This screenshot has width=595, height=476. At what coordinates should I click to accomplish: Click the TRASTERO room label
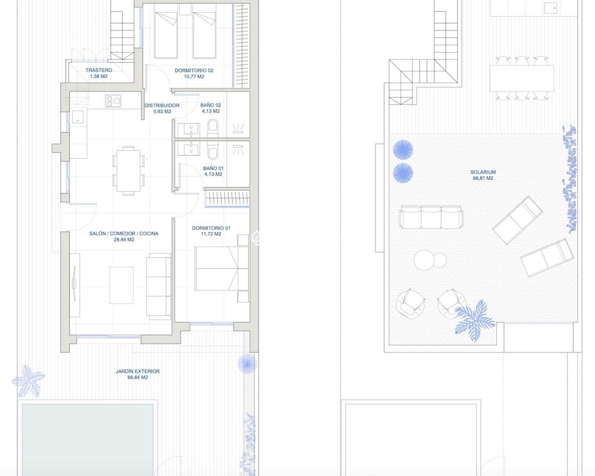coord(99,70)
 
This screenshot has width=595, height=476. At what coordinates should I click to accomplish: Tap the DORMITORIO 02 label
coord(194,71)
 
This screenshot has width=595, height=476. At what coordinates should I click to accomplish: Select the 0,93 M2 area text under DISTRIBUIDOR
coord(162,112)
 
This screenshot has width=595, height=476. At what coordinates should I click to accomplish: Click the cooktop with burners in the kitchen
coord(113,101)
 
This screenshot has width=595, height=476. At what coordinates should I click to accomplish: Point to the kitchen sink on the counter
coord(78,116)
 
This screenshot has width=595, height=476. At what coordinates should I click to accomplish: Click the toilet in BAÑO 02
coord(213,128)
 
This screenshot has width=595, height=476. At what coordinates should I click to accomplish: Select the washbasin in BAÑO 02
coord(189,130)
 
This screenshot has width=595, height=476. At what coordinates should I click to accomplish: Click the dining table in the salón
coord(128,171)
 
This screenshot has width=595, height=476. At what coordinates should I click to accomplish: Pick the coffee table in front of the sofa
coord(121,285)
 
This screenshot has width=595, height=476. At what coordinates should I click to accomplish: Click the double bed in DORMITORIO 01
coord(221,268)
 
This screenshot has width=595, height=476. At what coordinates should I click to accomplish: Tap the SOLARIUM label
coord(483,172)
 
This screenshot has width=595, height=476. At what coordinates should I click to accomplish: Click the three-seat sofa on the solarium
coord(431,218)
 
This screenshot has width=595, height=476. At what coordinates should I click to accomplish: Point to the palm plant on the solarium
coord(475,320)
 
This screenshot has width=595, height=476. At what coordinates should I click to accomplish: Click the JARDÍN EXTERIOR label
coord(138,371)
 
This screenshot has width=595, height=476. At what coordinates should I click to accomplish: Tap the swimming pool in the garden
coord(87,440)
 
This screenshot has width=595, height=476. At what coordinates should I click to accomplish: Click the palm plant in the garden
coord(28,381)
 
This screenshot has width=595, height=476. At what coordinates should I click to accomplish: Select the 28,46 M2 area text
coord(124,239)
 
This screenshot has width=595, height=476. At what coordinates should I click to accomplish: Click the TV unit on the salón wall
coord(74,285)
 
